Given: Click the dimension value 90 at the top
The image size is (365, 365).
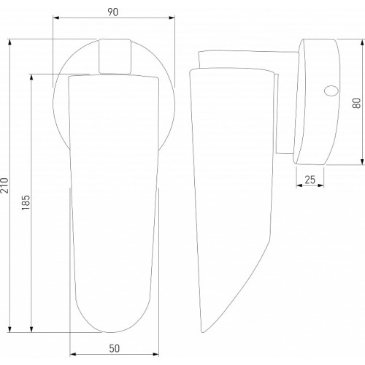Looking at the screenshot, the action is pyautogui.click(x=113, y=12).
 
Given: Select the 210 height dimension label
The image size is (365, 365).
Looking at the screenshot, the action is pyautogui.click(x=4, y=185).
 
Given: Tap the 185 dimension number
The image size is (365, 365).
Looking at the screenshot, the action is pyautogui.click(x=26, y=202).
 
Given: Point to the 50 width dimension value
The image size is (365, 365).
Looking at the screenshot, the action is pyautogui.click(x=114, y=348).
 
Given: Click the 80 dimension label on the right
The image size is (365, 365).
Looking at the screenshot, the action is pyautogui.click(x=356, y=103).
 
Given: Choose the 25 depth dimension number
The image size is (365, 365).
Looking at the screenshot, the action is pyautogui.click(x=310, y=180).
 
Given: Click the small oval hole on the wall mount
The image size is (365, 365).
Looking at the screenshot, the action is pyautogui.click(x=331, y=91).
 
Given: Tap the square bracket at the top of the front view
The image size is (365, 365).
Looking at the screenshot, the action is pyautogui.click(x=115, y=56).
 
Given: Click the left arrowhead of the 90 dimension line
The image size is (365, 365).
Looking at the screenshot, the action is pyautogui.click(x=56, y=18).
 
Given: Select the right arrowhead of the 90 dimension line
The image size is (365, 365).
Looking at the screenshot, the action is pyautogui.click(x=172, y=18).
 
